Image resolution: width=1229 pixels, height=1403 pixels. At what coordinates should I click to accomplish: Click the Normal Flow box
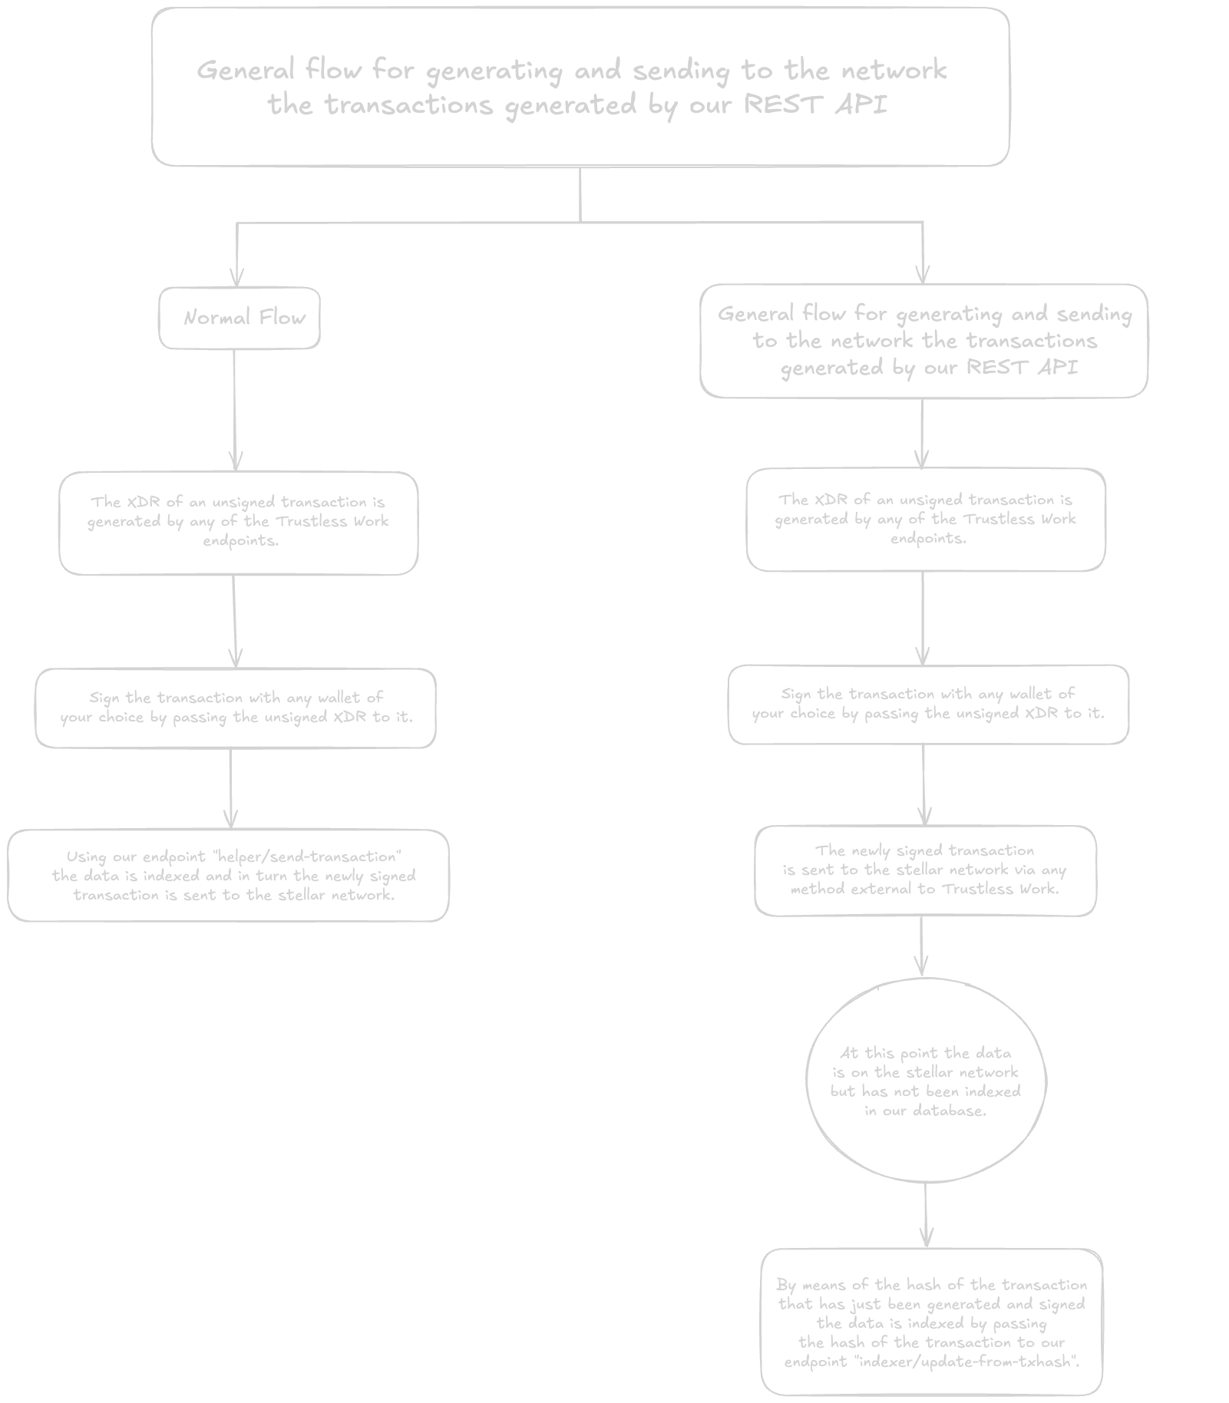point(240,318)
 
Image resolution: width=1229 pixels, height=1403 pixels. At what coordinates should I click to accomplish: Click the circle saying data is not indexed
point(925,1081)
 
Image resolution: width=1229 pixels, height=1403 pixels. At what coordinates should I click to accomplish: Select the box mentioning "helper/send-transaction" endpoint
point(228,876)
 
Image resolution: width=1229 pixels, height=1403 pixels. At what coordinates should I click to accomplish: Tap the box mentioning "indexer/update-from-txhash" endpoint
point(931,1322)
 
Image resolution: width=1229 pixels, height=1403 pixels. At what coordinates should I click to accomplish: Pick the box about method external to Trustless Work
point(925,870)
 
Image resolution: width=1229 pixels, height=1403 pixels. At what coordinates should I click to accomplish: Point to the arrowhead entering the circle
point(922,967)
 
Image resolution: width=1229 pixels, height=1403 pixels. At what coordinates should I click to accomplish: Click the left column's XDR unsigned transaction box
point(238,522)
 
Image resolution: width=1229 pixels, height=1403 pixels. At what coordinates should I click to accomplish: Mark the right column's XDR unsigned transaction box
point(926,519)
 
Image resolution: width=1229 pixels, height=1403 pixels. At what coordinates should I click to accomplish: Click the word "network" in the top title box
point(894,71)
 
